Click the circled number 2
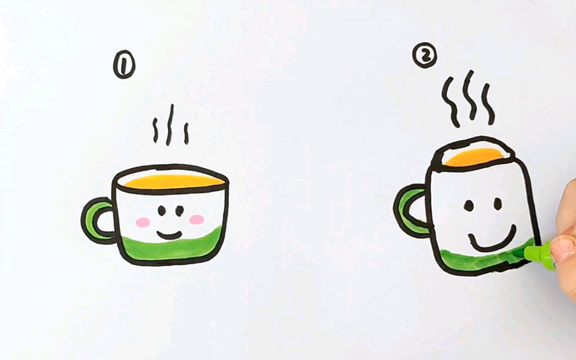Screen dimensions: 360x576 click(425, 56)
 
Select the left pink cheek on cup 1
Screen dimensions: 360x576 click(143, 222)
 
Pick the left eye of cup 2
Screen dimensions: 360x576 click(470, 206)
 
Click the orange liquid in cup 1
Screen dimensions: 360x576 click(170, 180)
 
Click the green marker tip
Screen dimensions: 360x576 click(530, 254)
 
